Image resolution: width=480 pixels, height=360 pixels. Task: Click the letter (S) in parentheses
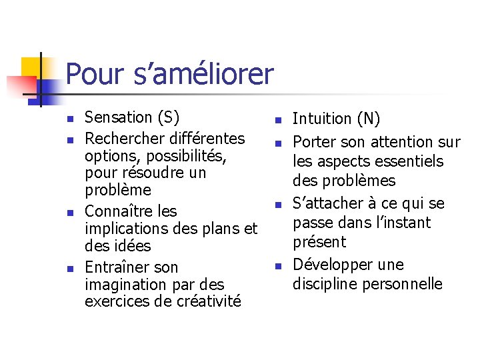point(168,118)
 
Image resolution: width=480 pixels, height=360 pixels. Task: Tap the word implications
point(127,229)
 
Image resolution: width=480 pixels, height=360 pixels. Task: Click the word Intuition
point(323,119)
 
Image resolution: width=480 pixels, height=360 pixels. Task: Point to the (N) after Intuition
point(369,119)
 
